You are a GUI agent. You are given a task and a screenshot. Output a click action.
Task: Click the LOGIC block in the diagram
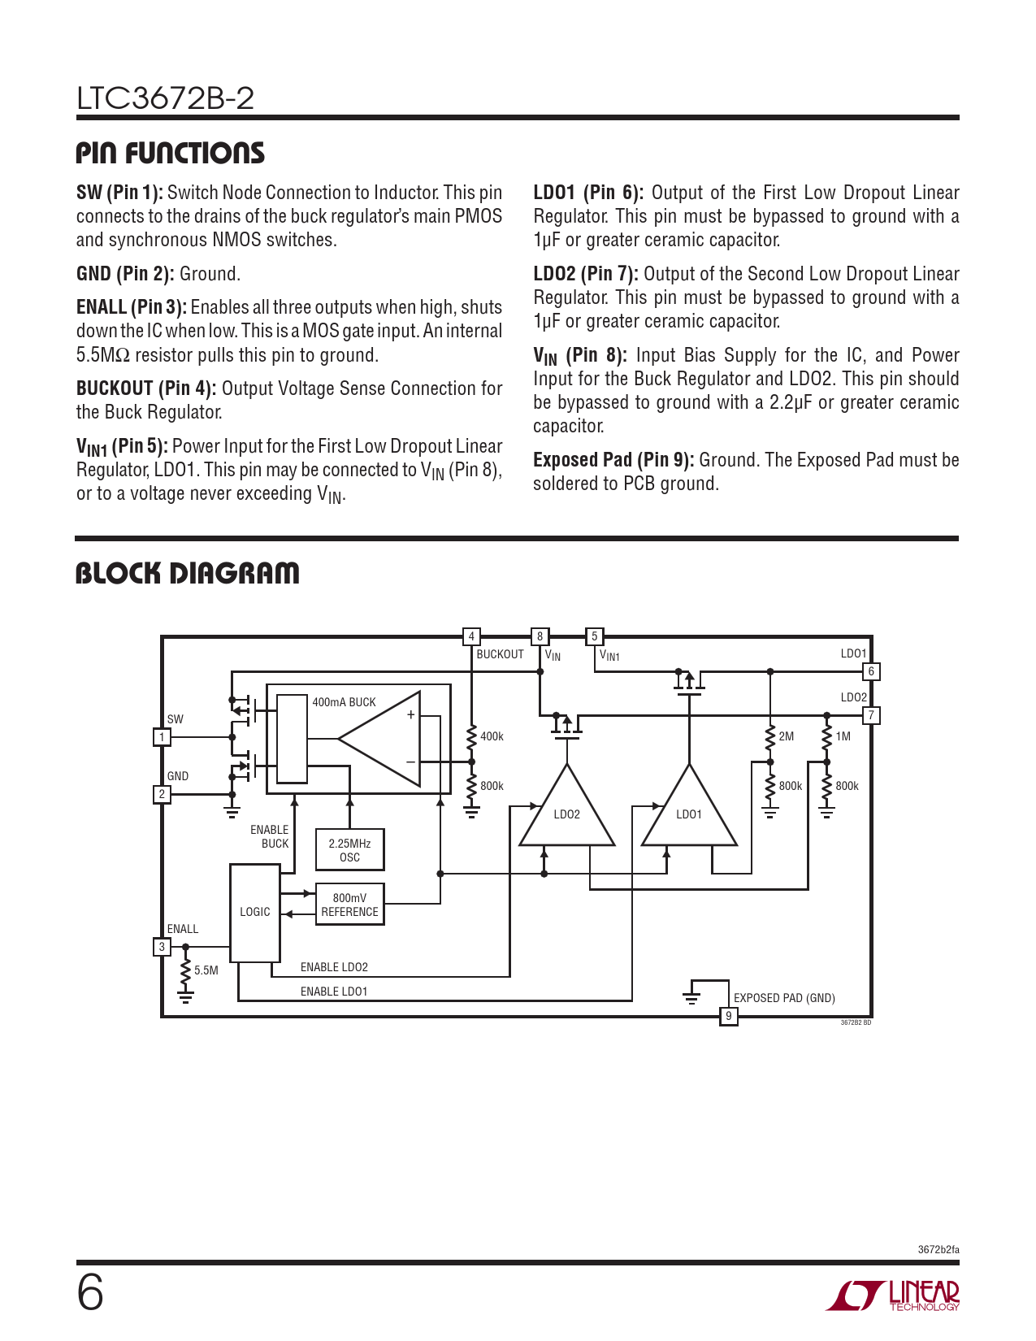[255, 913]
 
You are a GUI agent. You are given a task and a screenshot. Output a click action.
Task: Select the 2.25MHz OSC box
[349, 850]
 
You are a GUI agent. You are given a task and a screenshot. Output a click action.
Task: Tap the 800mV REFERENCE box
[349, 905]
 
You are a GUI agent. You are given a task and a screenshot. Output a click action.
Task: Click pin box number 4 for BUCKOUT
[471, 636]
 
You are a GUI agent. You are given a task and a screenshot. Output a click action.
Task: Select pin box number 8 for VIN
[540, 636]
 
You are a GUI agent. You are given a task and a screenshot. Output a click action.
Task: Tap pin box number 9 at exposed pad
[729, 1016]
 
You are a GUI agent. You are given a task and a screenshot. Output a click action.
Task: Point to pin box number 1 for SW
[162, 737]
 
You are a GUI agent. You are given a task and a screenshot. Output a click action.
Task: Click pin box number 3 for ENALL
[162, 947]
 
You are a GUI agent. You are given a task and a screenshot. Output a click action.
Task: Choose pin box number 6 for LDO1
[871, 671]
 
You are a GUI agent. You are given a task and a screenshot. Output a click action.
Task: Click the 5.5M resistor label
[206, 970]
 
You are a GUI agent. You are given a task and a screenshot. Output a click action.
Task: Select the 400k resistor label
[492, 736]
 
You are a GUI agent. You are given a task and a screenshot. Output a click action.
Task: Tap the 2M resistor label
[786, 736]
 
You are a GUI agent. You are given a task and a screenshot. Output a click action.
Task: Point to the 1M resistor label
[843, 736]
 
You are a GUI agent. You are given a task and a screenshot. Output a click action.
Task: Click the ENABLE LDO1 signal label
[334, 992]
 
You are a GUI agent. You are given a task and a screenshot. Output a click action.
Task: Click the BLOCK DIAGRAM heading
[188, 573]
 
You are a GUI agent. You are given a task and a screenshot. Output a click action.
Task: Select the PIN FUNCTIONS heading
[171, 153]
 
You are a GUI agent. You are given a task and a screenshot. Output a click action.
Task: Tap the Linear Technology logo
[894, 1295]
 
